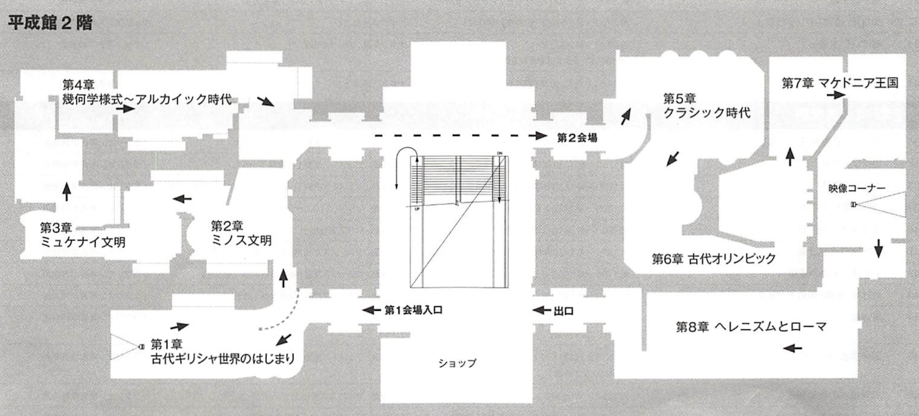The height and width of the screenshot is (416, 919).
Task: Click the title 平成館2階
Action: coord(50,24)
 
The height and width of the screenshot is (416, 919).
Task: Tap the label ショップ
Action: coord(458,362)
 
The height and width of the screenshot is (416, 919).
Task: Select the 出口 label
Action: coord(564,310)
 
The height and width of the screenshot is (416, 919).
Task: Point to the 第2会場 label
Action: coord(577,137)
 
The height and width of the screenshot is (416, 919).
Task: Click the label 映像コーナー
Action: coord(857,189)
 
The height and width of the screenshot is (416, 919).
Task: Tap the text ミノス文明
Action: coord(242,241)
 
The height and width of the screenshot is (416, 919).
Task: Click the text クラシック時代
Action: coord(706,112)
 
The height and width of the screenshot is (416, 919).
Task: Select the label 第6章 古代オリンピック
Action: coord(714,259)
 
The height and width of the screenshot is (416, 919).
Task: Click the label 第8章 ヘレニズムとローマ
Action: coord(750,326)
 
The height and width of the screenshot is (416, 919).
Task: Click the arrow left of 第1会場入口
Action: coord(371,309)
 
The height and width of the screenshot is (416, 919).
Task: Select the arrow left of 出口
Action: coord(542,310)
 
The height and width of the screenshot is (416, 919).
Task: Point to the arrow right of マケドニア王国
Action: coord(836,95)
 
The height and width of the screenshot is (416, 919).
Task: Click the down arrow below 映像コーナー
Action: coord(878,249)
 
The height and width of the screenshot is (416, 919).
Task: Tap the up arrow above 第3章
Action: coord(66,191)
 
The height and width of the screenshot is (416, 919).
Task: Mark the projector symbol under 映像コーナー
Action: coord(853,205)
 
